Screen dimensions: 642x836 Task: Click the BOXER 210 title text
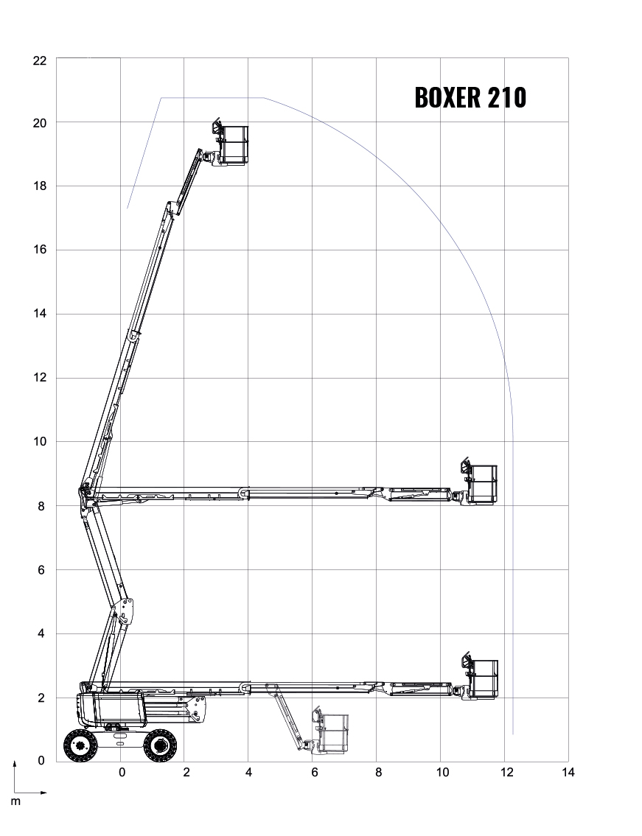[470, 97]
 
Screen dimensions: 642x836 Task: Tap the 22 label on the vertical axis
[40, 61]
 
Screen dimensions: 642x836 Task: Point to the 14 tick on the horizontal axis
[568, 772]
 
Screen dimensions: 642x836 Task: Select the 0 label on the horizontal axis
[122, 773]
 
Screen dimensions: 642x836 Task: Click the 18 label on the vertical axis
[40, 186]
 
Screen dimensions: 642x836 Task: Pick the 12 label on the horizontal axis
[506, 772]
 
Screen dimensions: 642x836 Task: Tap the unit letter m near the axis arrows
[15, 801]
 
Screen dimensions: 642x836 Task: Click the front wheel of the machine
[160, 745]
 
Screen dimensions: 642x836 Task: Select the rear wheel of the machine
[80, 745]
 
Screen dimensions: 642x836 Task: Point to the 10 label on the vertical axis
[40, 441]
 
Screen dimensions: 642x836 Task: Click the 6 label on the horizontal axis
[314, 773]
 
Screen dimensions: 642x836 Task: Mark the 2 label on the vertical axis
[41, 698]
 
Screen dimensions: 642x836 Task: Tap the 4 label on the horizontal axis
[248, 772]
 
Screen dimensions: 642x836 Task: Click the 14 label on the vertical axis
[40, 314]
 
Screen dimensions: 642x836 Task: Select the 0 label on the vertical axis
[41, 761]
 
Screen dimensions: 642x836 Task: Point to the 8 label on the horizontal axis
[378, 773]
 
